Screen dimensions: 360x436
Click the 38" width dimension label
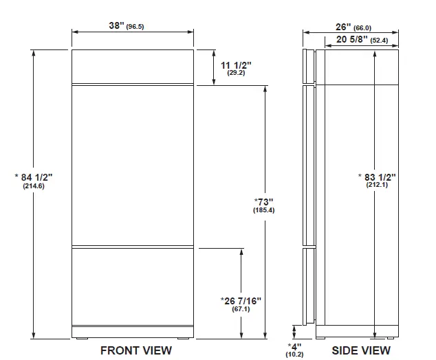pyautogui.click(x=116, y=25)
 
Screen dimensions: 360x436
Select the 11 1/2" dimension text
pyautogui.click(x=236, y=65)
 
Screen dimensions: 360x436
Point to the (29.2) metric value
pyautogui.click(x=236, y=73)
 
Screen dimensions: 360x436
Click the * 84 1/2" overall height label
pyautogui.click(x=32, y=177)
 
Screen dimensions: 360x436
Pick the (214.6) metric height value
pyautogui.click(x=32, y=186)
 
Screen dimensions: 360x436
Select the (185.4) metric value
pyautogui.click(x=263, y=210)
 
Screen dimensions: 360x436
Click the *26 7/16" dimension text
pyautogui.click(x=241, y=300)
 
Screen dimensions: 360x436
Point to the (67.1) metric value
pyautogui.click(x=241, y=309)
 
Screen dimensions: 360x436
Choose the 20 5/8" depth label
pyautogui.click(x=352, y=40)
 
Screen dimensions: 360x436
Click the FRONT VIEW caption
pyautogui.click(x=136, y=350)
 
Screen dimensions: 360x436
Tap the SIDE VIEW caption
pyautogui.click(x=362, y=350)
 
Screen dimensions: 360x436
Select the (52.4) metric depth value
pyautogui.click(x=380, y=41)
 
